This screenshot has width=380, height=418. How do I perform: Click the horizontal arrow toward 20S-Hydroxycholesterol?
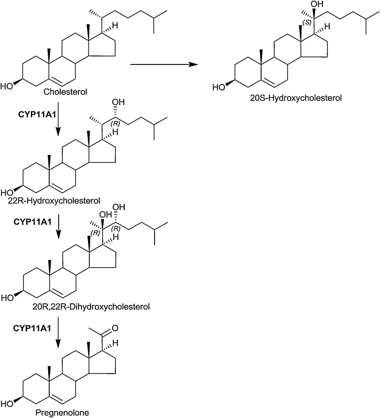(x=163, y=64)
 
